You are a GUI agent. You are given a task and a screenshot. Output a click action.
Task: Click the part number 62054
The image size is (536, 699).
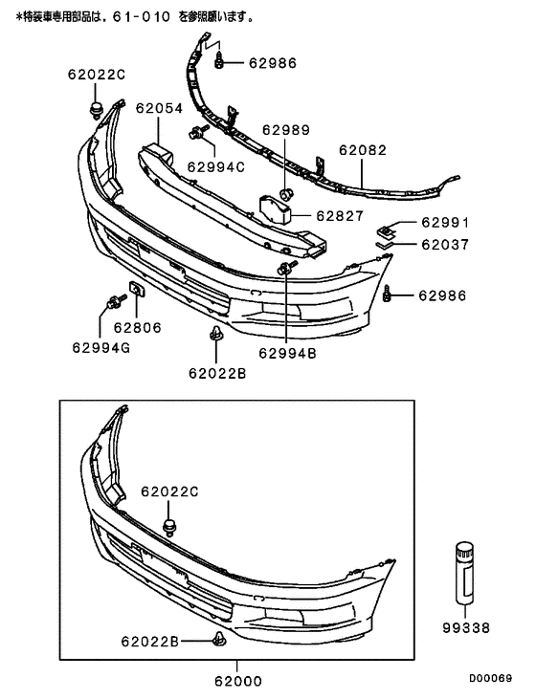click(x=159, y=109)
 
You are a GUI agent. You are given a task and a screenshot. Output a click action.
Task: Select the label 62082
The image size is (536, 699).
click(x=363, y=151)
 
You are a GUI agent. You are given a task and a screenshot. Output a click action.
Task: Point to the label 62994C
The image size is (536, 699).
click(x=216, y=165)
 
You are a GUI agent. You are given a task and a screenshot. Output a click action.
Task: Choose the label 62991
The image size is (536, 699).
click(x=445, y=223)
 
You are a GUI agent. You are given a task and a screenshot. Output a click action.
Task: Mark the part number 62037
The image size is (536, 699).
click(x=445, y=244)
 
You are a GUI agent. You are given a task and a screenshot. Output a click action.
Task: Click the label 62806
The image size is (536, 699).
click(x=137, y=327)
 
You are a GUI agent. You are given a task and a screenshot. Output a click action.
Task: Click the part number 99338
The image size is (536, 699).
click(x=466, y=628)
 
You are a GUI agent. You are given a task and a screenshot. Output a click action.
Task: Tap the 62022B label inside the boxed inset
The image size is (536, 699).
click(x=149, y=641)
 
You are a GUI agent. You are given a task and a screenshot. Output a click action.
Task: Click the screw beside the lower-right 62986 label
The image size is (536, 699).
click(x=388, y=295)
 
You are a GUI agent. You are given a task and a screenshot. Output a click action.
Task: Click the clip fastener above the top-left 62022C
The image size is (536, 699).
click(x=96, y=105)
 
